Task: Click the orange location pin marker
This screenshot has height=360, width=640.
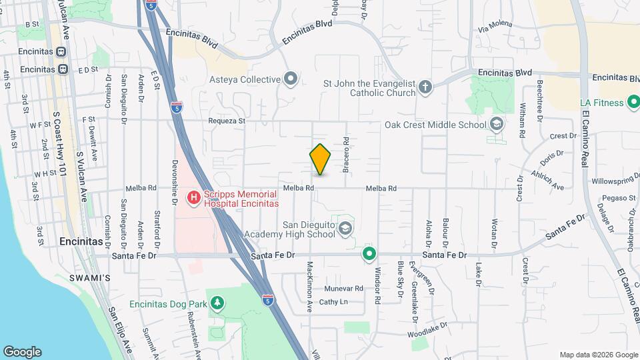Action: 320,159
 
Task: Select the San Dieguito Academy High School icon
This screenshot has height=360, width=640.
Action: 345,229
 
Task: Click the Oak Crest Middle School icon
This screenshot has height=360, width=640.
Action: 496,124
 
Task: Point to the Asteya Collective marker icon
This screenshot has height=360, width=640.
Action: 290,79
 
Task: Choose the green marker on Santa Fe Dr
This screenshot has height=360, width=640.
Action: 369,254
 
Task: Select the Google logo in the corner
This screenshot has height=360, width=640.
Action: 22,351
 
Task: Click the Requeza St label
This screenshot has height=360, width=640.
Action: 227,121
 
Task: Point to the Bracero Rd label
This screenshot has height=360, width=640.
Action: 346,155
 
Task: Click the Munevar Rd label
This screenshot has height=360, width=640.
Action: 343,289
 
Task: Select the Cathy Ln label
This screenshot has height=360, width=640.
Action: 333,302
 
